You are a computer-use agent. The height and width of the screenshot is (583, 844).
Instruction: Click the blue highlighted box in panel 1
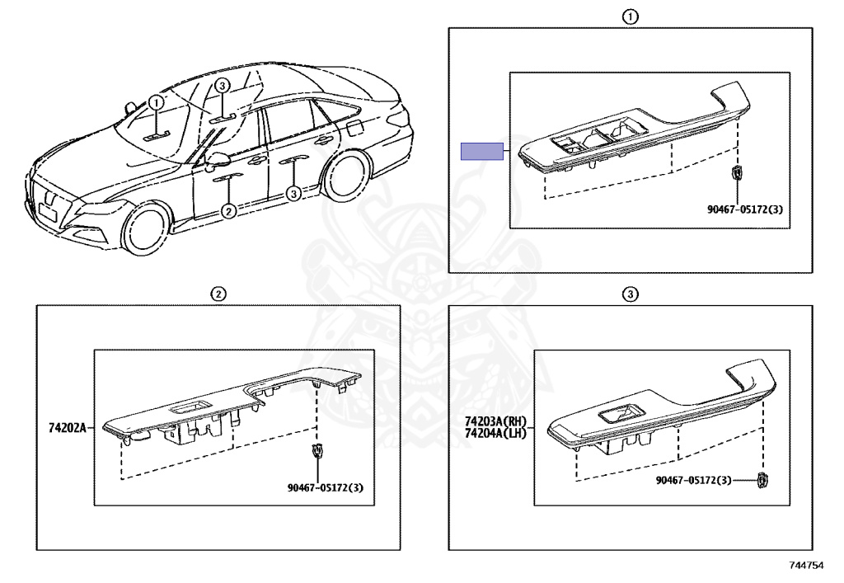click(481, 151)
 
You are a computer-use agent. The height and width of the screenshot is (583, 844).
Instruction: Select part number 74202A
click(68, 428)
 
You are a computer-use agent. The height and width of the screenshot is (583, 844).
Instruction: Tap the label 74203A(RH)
click(495, 422)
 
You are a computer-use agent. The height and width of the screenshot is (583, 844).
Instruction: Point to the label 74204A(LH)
click(495, 433)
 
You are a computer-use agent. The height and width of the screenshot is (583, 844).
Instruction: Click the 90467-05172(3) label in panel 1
click(745, 209)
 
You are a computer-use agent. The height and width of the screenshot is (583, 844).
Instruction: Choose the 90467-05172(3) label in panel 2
click(325, 487)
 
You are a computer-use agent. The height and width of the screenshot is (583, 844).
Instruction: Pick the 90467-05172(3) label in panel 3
click(694, 480)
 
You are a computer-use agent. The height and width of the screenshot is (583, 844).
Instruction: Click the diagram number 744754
click(806, 565)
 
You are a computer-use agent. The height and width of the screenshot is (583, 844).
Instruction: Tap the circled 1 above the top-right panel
click(631, 17)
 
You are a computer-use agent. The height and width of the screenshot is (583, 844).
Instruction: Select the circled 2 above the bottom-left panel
click(218, 294)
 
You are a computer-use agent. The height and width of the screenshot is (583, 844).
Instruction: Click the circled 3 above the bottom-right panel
click(631, 294)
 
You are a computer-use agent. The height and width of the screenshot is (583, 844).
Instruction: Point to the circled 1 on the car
click(155, 102)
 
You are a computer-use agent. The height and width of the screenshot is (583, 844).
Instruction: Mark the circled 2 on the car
click(229, 211)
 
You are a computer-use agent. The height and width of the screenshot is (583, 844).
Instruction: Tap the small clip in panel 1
click(736, 173)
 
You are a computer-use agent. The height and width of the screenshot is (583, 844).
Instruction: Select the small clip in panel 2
click(317, 450)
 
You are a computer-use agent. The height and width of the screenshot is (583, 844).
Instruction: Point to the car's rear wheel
click(345, 175)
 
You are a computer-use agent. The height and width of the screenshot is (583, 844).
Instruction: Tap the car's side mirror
click(217, 161)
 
